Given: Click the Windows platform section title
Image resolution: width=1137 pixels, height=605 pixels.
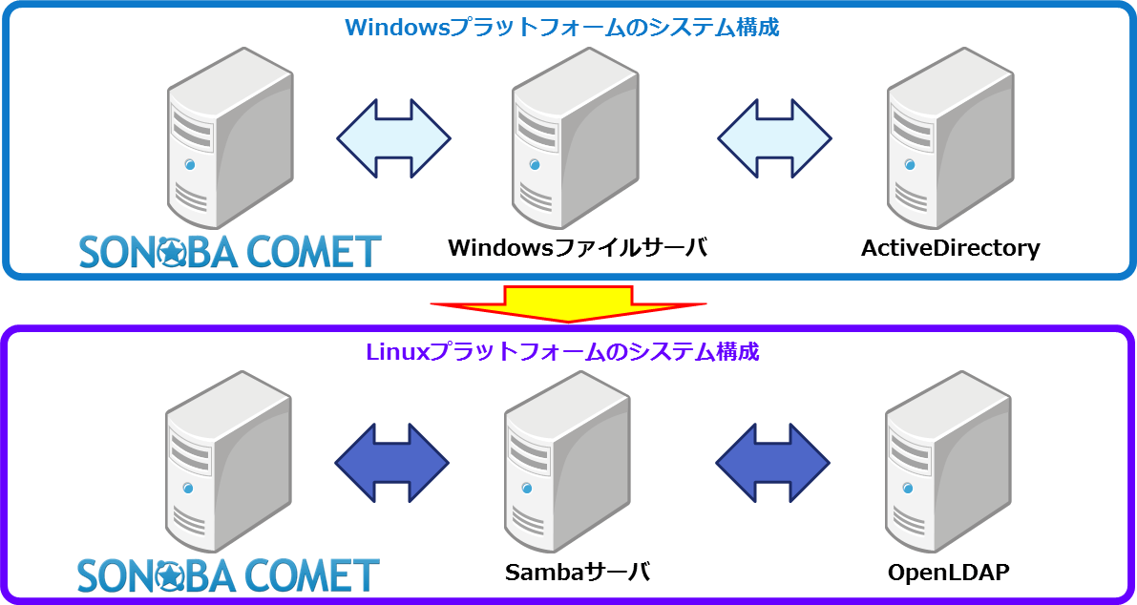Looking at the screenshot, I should tap(562, 27).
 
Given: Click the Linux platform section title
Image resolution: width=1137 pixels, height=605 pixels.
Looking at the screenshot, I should tap(562, 352).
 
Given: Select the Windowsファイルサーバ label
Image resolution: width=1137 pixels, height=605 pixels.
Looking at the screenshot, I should tap(578, 249).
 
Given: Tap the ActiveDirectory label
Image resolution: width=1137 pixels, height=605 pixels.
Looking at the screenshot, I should tap(950, 249).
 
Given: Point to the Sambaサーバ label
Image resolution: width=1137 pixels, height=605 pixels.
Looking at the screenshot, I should tap(578, 574).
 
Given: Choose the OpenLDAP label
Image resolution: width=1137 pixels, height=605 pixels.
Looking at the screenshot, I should tap(948, 574).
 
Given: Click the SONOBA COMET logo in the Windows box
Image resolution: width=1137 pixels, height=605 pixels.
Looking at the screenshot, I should tap(229, 252).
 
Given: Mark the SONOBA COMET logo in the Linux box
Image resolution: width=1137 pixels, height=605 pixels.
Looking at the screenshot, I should tap(229, 575).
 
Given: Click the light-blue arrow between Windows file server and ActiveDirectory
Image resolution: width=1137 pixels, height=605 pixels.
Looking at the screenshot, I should tap(774, 138).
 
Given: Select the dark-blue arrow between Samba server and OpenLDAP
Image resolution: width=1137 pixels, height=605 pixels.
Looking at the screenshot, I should tap(773, 463).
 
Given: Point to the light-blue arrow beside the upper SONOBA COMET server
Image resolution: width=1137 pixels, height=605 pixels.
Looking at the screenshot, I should tap(393, 138).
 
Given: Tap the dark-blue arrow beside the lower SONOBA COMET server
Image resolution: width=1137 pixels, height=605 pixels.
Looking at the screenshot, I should tap(391, 463).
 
